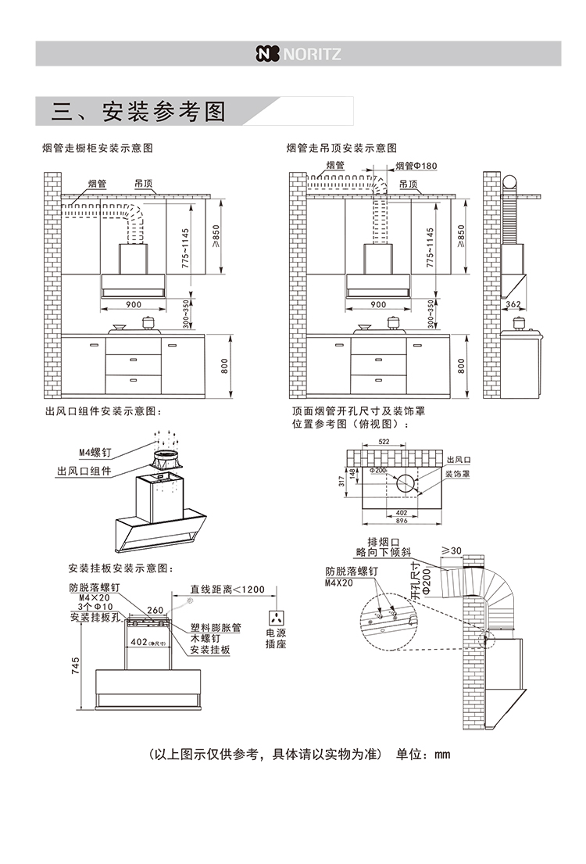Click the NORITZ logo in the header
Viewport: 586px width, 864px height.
point(298,54)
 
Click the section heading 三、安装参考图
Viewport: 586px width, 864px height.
point(138,112)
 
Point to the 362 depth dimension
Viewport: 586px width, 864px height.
point(513,304)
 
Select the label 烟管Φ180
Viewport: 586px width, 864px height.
point(416,166)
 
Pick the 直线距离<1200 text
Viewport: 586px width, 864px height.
point(227,589)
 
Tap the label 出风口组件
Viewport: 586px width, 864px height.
point(84,471)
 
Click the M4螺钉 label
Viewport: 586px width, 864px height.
point(95,453)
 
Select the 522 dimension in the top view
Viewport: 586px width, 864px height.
point(384,443)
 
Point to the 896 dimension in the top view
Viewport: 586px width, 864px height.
point(402,520)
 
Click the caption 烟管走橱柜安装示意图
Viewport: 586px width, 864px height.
point(97,148)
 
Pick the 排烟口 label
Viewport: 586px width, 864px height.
point(384,542)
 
